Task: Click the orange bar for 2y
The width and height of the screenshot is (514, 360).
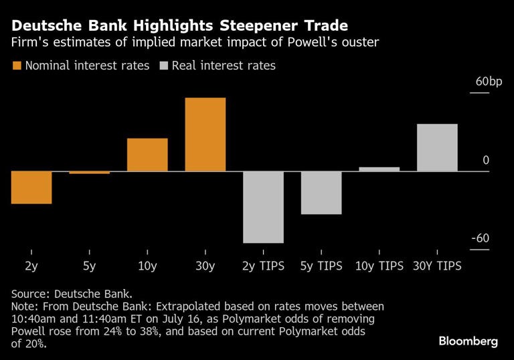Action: click(31, 187)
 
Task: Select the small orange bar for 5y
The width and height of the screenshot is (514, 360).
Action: click(89, 173)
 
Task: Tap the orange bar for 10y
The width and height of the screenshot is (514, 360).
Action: click(147, 155)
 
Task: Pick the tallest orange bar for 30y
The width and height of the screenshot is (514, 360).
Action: click(205, 134)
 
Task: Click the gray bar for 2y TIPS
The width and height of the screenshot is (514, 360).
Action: click(263, 207)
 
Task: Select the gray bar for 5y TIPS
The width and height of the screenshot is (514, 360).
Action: click(321, 193)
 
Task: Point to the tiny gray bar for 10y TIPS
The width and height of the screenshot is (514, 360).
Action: click(379, 169)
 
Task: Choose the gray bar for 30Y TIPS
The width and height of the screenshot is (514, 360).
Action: click(437, 148)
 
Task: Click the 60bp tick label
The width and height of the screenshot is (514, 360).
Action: click(488, 82)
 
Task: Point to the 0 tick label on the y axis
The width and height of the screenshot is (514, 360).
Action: click(486, 160)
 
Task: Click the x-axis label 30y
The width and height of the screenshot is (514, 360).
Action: click(205, 266)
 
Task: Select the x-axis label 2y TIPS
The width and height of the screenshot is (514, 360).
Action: click(263, 266)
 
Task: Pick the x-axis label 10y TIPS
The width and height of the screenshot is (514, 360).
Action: click(379, 266)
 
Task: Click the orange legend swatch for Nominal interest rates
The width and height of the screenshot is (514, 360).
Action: click(17, 66)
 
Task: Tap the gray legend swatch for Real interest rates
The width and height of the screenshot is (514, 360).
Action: click(164, 66)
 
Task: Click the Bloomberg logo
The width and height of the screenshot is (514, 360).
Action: click(468, 341)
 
